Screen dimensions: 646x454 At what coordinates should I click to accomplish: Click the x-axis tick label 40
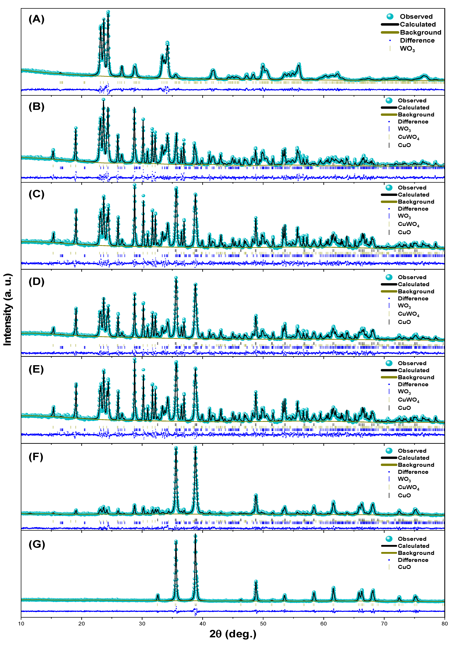203,624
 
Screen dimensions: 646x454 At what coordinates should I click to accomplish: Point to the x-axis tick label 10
21,624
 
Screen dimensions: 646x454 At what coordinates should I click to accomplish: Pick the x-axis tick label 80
444,624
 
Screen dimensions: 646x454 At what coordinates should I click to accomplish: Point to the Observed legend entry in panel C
412,188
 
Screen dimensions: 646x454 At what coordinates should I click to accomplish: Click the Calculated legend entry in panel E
413,370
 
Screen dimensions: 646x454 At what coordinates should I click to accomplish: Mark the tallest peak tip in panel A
108,12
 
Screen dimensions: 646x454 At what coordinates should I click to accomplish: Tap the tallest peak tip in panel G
196,535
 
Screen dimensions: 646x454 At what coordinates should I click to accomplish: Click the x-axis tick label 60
324,624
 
